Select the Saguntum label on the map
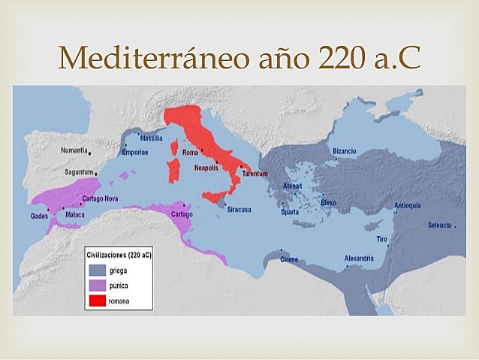point(77,172)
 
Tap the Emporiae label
point(134,153)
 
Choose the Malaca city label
point(75,215)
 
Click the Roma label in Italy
point(190,153)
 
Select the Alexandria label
point(359,259)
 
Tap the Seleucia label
point(439,225)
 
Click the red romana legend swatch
point(98,300)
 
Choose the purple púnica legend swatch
point(98,285)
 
